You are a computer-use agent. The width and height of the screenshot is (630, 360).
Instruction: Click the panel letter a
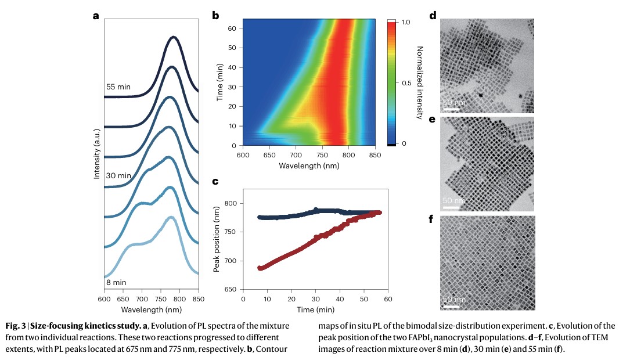coord(96,16)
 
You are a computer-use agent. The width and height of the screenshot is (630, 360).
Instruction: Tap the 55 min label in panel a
coord(118,87)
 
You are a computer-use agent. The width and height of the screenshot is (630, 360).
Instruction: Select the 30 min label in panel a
coord(118,175)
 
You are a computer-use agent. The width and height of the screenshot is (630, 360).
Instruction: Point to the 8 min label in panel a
coord(116,282)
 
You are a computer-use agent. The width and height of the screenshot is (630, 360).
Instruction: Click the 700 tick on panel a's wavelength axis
coord(141,299)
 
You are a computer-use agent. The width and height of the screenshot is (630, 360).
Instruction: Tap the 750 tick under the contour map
coord(322,155)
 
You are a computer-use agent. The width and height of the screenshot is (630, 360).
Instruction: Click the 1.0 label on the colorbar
coord(406,22)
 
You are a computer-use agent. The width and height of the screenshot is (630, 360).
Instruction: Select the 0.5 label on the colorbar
coord(406,83)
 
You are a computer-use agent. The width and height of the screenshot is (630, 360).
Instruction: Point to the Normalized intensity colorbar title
coord(420,82)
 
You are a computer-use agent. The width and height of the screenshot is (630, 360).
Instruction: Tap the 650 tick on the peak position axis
coord(231,289)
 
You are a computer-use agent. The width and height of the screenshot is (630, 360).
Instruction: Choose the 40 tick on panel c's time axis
coord(340,299)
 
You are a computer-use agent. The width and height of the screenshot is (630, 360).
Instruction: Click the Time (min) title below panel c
coord(315,310)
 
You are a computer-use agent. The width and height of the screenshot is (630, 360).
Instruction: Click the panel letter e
coord(432,120)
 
